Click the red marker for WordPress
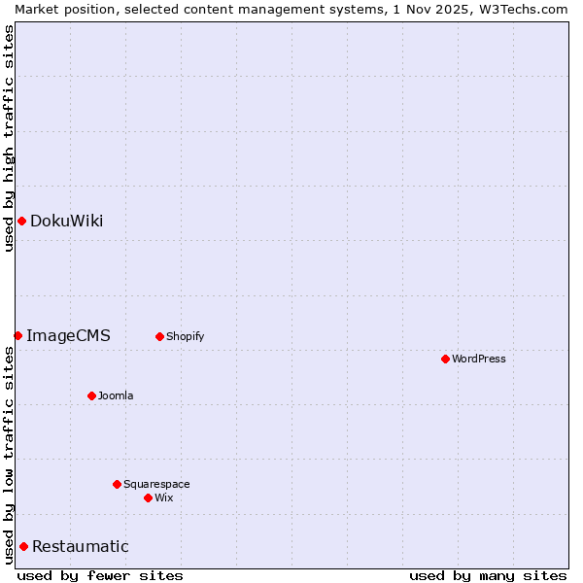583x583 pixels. pyautogui.click(x=445, y=359)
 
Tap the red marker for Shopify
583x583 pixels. pyautogui.click(x=159, y=336)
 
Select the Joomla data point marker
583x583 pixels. pyautogui.click(x=91, y=395)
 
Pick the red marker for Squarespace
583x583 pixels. pyautogui.click(x=117, y=484)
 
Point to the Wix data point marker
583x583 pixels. pyautogui.click(x=148, y=497)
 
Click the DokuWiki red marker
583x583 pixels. pyautogui.click(x=21, y=221)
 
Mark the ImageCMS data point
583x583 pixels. pyautogui.click(x=17, y=335)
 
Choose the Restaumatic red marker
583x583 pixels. pyautogui.click(x=23, y=546)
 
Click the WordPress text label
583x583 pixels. pyautogui.click(x=479, y=359)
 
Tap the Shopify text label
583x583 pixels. pyautogui.click(x=185, y=336)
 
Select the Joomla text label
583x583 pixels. pyautogui.click(x=116, y=395)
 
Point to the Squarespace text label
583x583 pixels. pyautogui.click(x=156, y=484)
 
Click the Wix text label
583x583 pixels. pyautogui.click(x=164, y=497)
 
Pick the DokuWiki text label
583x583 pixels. pyautogui.click(x=66, y=221)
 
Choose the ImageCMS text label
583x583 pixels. pyautogui.click(x=68, y=335)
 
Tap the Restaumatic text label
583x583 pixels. pyautogui.click(x=80, y=546)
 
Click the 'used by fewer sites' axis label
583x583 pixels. pyautogui.click(x=100, y=575)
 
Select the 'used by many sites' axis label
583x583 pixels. pyautogui.click(x=488, y=575)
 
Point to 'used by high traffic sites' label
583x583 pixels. pyautogui.click(x=9, y=138)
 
